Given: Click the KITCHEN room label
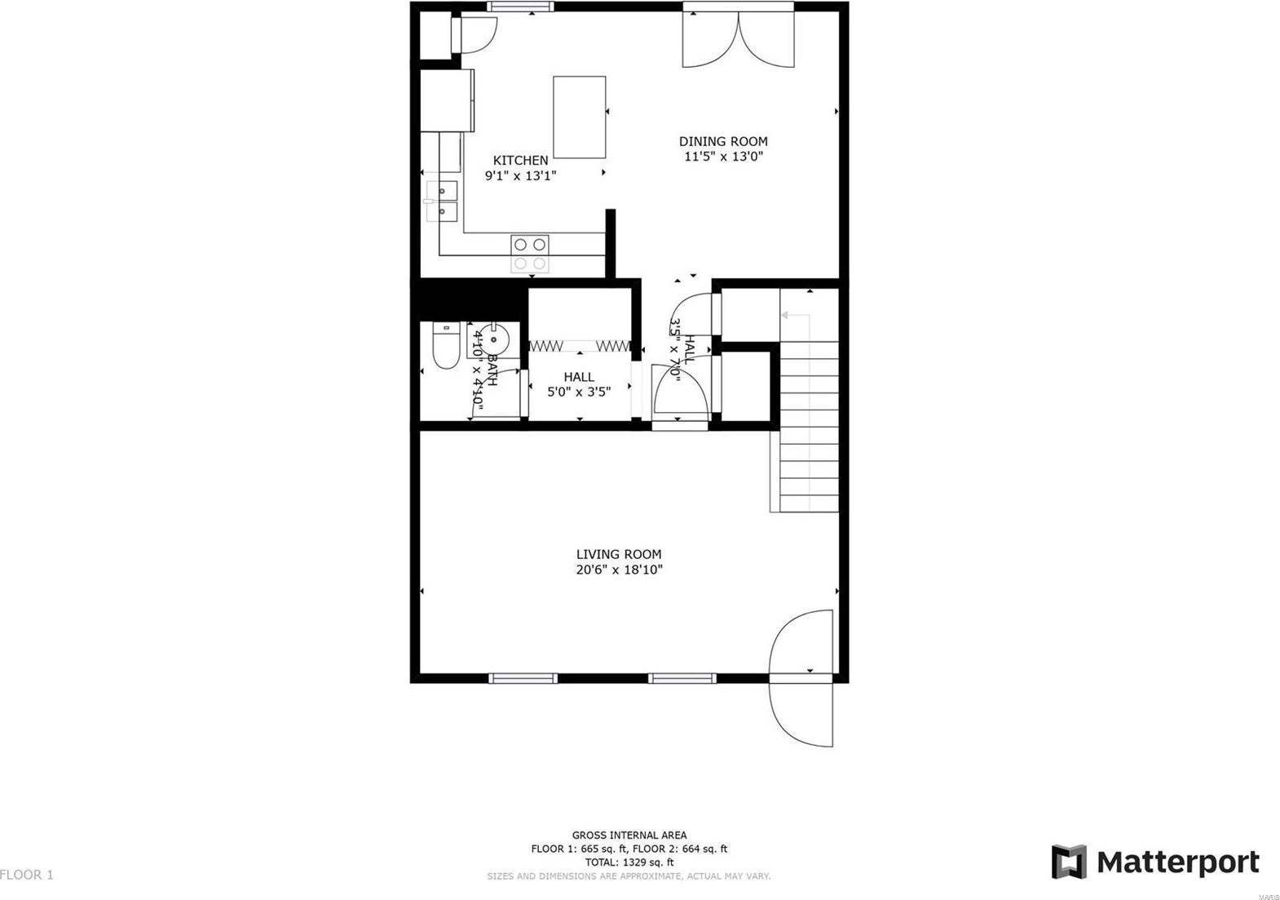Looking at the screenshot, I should [x=520, y=161].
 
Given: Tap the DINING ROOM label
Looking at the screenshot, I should [x=723, y=141].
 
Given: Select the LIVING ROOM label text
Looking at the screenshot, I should [x=619, y=554].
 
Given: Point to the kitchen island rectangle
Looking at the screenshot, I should [x=579, y=117].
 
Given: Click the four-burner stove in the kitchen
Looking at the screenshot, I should [x=530, y=253].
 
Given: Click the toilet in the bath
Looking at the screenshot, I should [x=445, y=347].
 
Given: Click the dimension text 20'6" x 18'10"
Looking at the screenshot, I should [x=619, y=570].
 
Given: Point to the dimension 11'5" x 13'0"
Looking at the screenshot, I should [x=723, y=157].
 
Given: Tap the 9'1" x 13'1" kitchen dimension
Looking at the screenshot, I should [x=520, y=175].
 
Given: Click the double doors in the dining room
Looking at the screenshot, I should [x=738, y=38].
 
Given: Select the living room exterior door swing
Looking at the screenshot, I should [x=803, y=677].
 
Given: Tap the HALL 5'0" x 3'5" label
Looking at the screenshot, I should [x=579, y=383].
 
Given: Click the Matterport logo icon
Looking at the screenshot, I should [x=1069, y=862].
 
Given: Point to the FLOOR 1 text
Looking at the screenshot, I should [x=27, y=875].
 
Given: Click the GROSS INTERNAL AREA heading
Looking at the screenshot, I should [x=629, y=835].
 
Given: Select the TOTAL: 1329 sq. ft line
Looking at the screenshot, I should [x=629, y=862].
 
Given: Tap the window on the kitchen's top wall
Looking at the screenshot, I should [x=520, y=7].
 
